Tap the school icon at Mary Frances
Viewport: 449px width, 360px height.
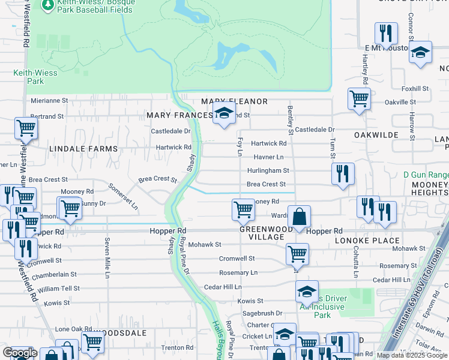point(224,113)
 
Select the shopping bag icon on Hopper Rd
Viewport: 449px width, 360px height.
point(299,217)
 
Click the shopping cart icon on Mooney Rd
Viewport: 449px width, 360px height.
point(243,209)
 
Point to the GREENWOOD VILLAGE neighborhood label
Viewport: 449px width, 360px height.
point(262,233)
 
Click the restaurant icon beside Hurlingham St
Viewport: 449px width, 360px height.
point(343,173)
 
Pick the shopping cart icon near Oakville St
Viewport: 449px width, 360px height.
point(359,98)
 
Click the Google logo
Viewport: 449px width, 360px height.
point(20,353)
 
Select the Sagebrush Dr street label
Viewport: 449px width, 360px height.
point(262,313)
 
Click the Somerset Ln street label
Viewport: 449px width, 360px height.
point(123,195)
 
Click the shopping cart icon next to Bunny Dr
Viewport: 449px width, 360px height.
point(70,208)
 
